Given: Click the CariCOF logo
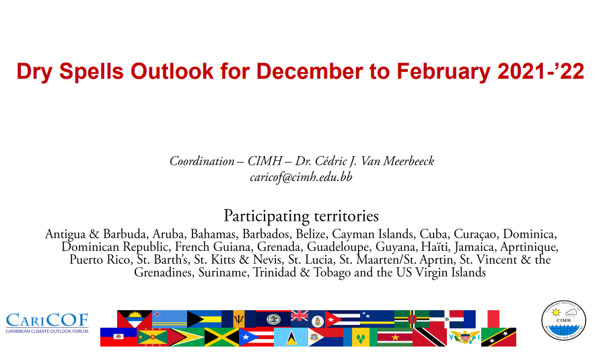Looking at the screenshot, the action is click(47, 323).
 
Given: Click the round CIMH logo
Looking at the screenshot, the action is click(563, 320).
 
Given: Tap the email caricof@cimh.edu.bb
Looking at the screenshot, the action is click(301, 178).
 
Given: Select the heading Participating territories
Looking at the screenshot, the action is click(301, 216).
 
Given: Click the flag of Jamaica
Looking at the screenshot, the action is click(221, 337).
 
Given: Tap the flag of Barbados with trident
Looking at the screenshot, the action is click(238, 319).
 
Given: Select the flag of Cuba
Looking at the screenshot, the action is click(343, 319).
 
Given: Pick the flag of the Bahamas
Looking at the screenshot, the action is click(204, 319).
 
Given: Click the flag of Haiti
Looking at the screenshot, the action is click(118, 337).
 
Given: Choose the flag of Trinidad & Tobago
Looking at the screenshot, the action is click(429, 337).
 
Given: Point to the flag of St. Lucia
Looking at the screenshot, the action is click(291, 337).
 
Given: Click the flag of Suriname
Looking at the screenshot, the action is click(395, 337).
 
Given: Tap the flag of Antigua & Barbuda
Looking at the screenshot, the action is click(135, 319).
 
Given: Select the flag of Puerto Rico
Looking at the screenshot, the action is click(256, 337).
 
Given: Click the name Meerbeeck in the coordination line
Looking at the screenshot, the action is click(409, 161).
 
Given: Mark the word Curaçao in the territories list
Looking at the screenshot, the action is click(475, 233).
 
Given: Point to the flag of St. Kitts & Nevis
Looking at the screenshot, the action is click(498, 337).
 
